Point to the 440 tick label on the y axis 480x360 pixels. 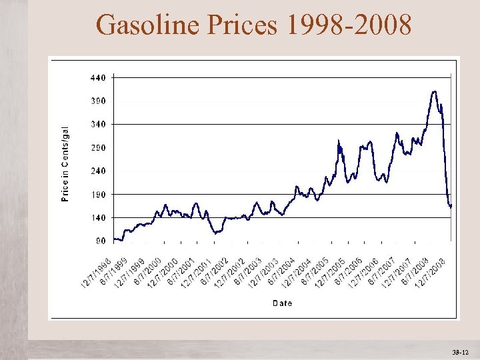click(97, 77)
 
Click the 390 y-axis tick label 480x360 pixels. click(97, 101)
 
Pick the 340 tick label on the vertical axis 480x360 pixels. click(97, 124)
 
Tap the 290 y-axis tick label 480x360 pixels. click(97, 147)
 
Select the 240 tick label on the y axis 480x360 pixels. click(97, 171)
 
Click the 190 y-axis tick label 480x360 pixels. click(97, 194)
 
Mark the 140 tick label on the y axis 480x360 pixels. click(97, 217)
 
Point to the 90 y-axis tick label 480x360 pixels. click(99, 241)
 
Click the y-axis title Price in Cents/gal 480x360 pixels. click(65, 165)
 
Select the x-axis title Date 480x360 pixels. click(281, 303)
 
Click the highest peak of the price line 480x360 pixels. click(435, 91)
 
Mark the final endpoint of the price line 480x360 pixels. click(451, 206)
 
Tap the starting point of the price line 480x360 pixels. click(114, 239)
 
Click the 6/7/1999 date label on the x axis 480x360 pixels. click(114, 272)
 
